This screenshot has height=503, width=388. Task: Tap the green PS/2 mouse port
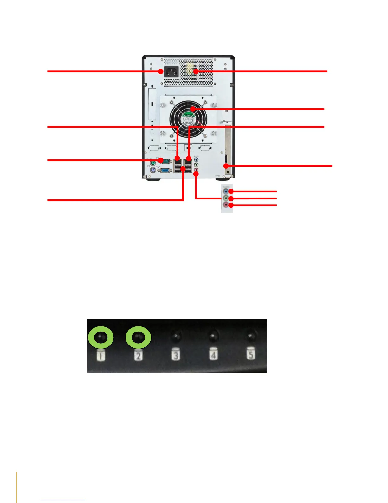click(152, 163)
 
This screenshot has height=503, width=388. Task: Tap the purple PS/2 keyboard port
click(152, 171)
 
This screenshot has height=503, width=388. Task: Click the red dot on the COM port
click(161, 160)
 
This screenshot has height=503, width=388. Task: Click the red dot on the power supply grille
click(196, 71)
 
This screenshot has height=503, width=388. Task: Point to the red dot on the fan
click(192, 109)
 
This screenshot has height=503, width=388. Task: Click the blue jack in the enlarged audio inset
click(225, 191)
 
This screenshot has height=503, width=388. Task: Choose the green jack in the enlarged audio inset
click(225, 198)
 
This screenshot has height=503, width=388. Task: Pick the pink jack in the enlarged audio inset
click(225, 205)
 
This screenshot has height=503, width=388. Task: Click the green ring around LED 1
click(100, 338)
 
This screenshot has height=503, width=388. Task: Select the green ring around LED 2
click(138, 338)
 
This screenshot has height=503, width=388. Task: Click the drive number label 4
click(213, 354)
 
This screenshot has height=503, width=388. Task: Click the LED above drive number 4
click(213, 337)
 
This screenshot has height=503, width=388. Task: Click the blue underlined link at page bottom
click(63, 500)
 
